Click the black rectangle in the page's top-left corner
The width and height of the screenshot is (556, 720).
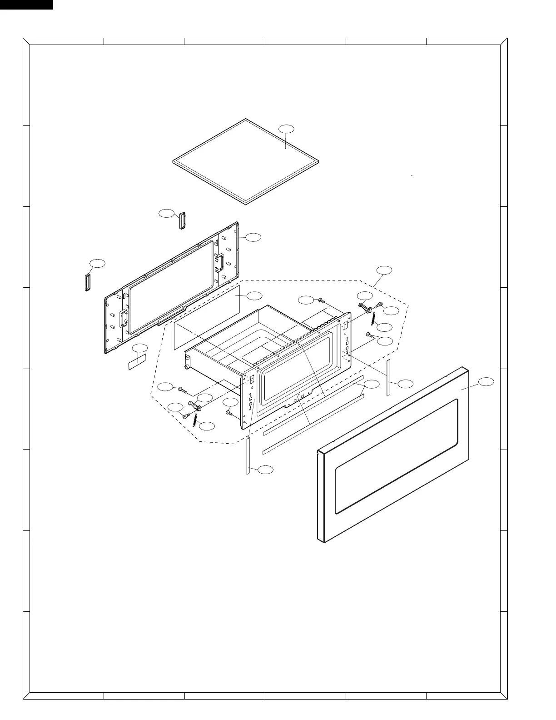(26, 5)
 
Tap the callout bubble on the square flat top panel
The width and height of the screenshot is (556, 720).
(286, 129)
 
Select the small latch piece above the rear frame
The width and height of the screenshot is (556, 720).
(183, 220)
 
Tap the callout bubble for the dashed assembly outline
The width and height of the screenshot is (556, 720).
(384, 270)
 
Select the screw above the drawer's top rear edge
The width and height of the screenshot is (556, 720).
(321, 301)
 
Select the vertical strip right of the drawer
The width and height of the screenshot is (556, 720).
(388, 377)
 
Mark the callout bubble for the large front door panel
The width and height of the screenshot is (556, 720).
(486, 381)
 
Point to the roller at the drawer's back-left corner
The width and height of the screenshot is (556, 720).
(186, 365)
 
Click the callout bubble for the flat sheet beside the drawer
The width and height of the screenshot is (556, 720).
(254, 295)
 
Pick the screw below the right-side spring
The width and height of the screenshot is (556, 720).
(369, 335)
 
